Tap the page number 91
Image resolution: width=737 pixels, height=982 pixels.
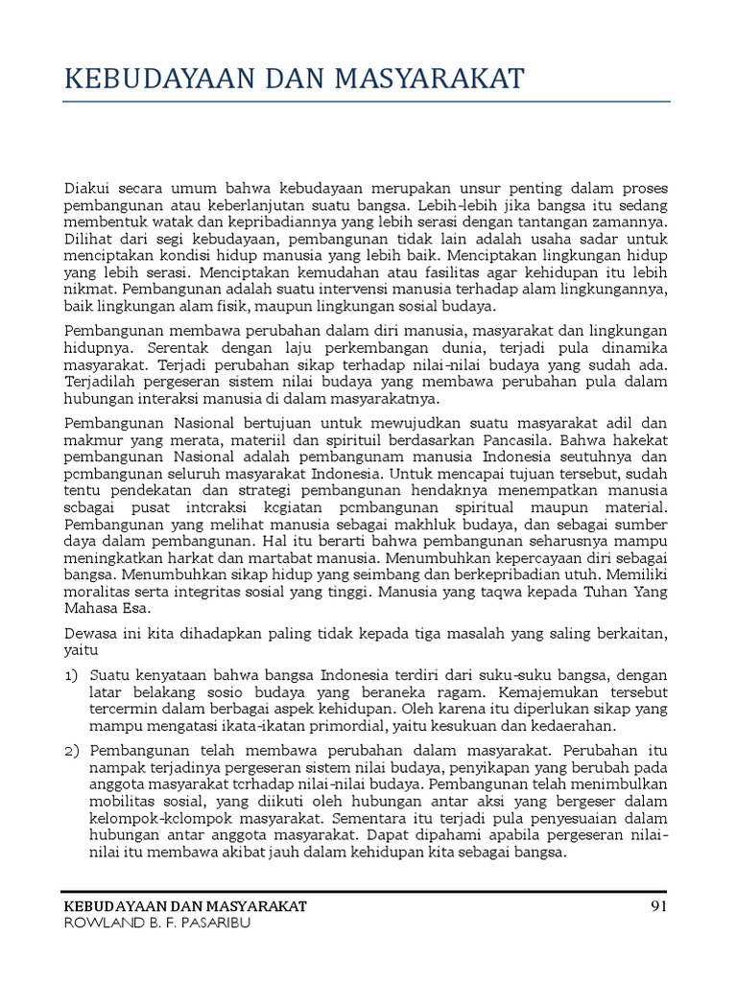(657, 906)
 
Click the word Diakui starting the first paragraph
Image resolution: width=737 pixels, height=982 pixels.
(87, 187)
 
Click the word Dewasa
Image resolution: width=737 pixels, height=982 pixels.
(91, 632)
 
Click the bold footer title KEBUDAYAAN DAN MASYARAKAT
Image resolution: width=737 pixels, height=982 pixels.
(185, 906)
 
